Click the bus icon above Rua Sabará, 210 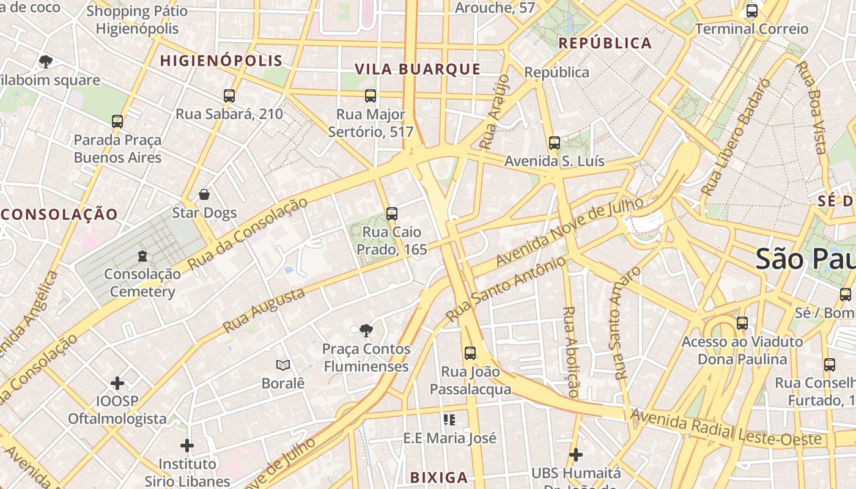point(229,96)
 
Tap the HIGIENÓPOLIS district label point(221,61)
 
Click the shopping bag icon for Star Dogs point(204,194)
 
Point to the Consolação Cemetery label point(142,282)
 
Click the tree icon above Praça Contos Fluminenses point(366,331)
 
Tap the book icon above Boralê point(282,366)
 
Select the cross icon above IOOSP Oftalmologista point(117,383)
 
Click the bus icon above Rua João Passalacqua point(470,353)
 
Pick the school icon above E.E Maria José point(449,420)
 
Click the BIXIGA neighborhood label point(438,477)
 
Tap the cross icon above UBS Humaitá point(575,455)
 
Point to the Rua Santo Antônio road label point(506,290)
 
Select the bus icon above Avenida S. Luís point(555,143)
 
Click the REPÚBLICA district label point(605,43)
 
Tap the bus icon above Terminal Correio point(752,11)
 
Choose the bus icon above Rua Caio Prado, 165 point(392,214)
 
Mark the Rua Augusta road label point(264,311)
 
